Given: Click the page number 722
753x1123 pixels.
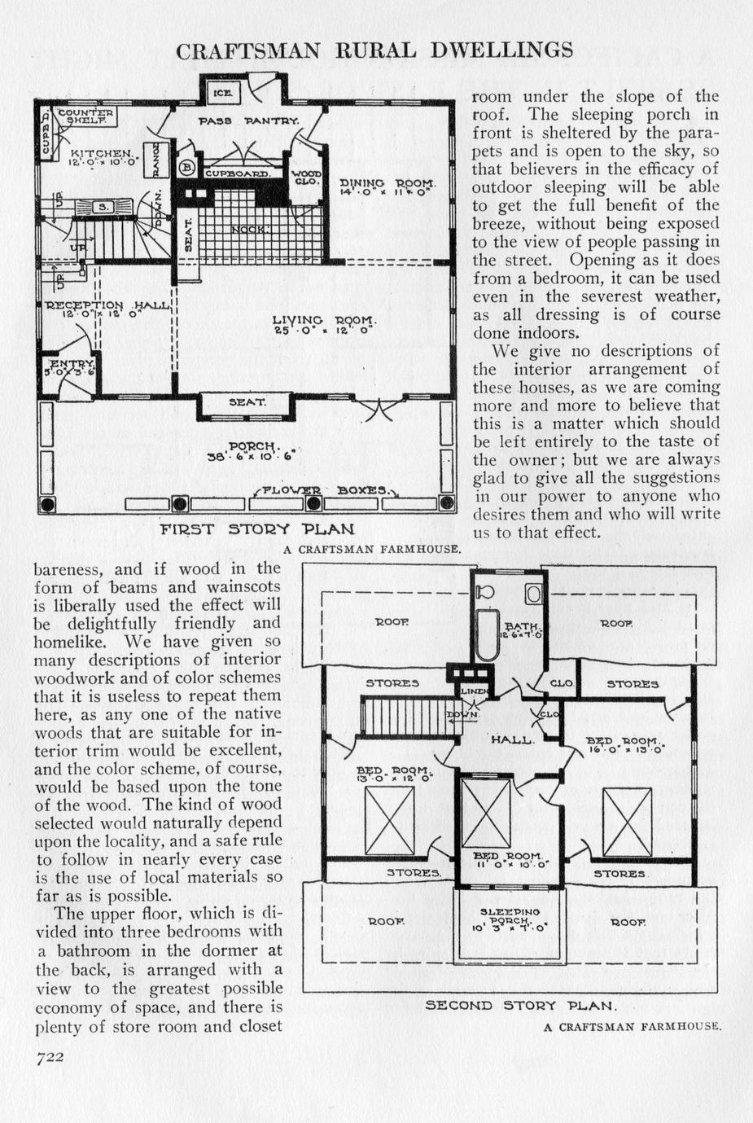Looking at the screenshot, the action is [49, 1056].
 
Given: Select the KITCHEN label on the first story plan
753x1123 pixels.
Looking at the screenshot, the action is [102, 153].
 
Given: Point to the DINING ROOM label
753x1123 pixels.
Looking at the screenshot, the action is [387, 182].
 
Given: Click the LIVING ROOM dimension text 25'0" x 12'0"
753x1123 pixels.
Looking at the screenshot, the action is [324, 331].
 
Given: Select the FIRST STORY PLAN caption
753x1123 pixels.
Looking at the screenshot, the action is [257, 529].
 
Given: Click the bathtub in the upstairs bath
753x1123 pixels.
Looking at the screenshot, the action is [487, 634].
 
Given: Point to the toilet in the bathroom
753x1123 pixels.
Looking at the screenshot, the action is [484, 592].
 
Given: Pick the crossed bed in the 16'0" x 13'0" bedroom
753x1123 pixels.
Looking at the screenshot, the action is [628, 823].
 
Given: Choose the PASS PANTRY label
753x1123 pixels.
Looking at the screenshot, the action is [249, 121].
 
